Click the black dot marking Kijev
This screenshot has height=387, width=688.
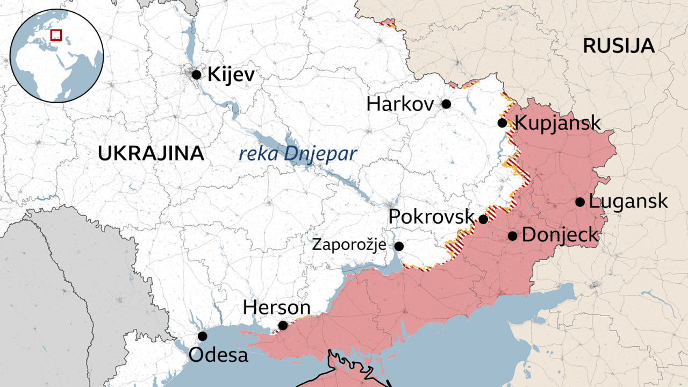(x=196, y=75)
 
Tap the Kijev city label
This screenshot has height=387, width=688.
(x=231, y=74)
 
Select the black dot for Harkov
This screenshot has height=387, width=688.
(x=446, y=104)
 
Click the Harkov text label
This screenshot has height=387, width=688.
(x=400, y=104)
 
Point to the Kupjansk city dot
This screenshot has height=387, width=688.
(x=502, y=123)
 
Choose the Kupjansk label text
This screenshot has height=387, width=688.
(x=557, y=123)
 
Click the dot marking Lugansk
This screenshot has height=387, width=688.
(x=580, y=202)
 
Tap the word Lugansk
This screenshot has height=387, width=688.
(x=628, y=202)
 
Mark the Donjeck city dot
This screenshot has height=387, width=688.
(x=512, y=235)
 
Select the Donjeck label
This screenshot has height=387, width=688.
(x=560, y=235)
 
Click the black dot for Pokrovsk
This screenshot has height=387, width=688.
(x=483, y=219)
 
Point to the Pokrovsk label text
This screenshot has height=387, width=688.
(x=431, y=217)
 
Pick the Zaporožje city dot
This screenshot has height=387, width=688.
(x=399, y=246)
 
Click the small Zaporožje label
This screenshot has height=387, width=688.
(x=349, y=246)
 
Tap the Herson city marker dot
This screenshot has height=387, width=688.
(x=283, y=325)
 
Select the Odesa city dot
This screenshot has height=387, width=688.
(x=202, y=336)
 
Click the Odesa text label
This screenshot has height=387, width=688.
(x=218, y=355)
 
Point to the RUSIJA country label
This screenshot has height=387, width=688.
(x=619, y=46)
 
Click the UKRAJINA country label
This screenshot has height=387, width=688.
(x=151, y=154)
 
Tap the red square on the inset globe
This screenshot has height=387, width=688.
(x=56, y=35)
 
